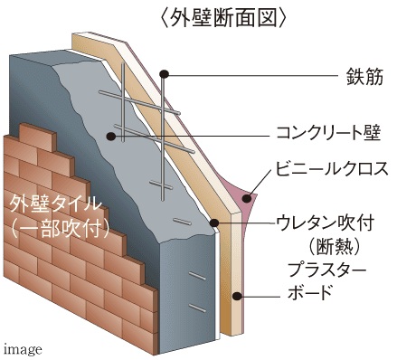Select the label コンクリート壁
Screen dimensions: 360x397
[x=329, y=135]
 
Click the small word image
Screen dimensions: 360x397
[x=22, y=347]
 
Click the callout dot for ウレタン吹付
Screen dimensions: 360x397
[x=214, y=223]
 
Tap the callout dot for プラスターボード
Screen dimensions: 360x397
[x=238, y=294]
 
